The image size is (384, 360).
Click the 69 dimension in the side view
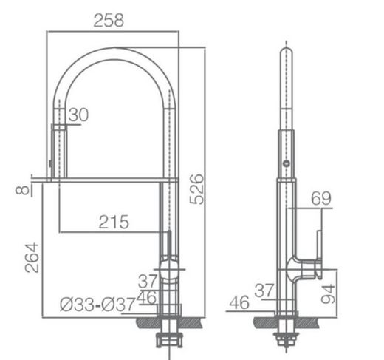320,197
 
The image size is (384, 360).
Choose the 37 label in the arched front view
148,281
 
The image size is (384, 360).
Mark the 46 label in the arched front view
148,297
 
